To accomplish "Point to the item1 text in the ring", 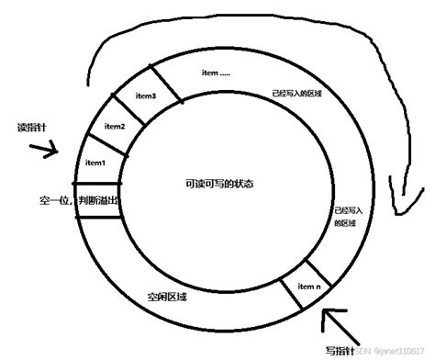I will coord(95,163).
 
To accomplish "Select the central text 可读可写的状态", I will coord(219,184).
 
